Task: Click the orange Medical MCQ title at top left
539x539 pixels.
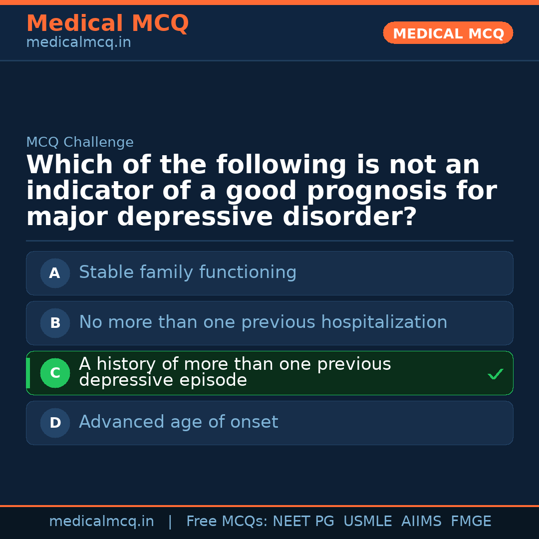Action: pos(107,23)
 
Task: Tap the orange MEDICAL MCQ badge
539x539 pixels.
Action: pos(448,33)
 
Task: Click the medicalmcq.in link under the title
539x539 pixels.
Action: pos(78,43)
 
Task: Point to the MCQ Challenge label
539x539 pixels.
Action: pos(80,143)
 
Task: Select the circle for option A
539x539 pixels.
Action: pos(55,273)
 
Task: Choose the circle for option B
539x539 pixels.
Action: pos(55,323)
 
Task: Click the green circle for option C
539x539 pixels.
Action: pos(55,373)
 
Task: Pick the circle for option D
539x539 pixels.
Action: pos(55,423)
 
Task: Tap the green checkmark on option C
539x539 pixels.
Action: pos(496,374)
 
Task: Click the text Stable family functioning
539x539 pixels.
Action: pos(188,272)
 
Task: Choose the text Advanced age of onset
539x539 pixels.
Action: pos(178,422)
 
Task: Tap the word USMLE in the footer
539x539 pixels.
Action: pos(368,522)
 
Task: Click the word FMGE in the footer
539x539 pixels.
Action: pos(471,522)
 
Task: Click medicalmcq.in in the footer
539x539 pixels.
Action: pos(101,522)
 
